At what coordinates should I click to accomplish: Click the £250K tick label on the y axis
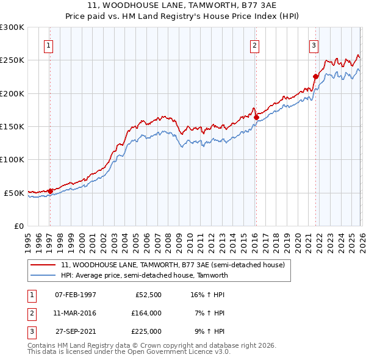pos(12,60)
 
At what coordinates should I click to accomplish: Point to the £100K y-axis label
pos(12,159)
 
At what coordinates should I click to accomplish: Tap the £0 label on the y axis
pos(18,226)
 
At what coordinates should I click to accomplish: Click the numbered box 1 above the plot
pos(48,45)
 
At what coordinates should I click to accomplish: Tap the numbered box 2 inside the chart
pos(254,45)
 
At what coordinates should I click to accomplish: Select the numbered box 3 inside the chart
pos(314,45)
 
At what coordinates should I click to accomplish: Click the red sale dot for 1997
pos(50,191)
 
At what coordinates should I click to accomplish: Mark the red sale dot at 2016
pos(256,117)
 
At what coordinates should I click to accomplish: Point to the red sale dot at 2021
pos(316,77)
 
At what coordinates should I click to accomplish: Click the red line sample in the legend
pos(44,265)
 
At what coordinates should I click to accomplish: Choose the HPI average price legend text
pos(144,275)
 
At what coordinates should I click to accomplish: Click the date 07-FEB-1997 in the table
pos(76,295)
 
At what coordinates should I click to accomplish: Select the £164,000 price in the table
pos(146,313)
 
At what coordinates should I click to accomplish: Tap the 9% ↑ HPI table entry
pos(209,331)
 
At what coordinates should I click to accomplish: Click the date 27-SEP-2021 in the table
pos(76,331)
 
